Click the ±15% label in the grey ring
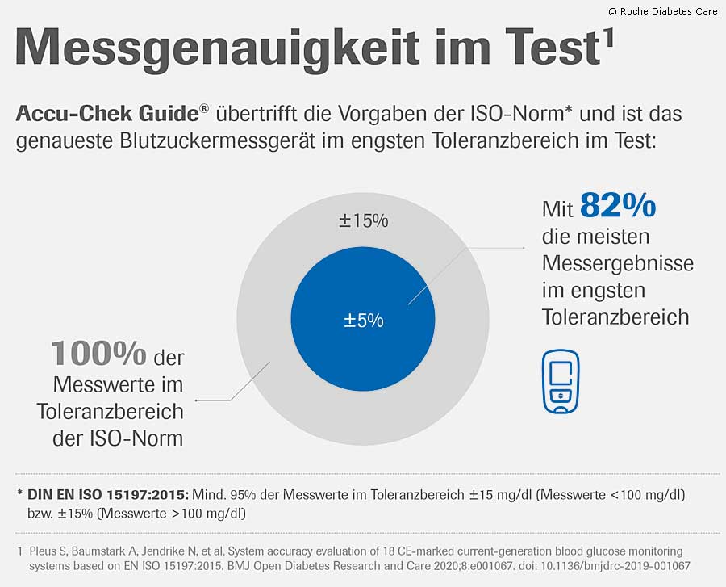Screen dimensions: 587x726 pyautogui.click(x=363, y=220)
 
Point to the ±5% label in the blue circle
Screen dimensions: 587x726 pyautogui.click(x=363, y=321)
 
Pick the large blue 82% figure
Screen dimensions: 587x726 pyautogui.click(x=618, y=208)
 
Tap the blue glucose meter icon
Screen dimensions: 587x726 pyautogui.click(x=560, y=382)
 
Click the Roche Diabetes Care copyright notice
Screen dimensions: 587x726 pyautogui.click(x=662, y=11)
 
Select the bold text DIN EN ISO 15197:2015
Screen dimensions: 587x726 pyautogui.click(x=107, y=494)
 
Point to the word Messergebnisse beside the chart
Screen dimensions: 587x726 pyautogui.click(x=617, y=264)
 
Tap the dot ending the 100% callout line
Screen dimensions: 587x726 pyautogui.click(x=196, y=400)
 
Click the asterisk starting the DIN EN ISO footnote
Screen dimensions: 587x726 pyautogui.click(x=19, y=493)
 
